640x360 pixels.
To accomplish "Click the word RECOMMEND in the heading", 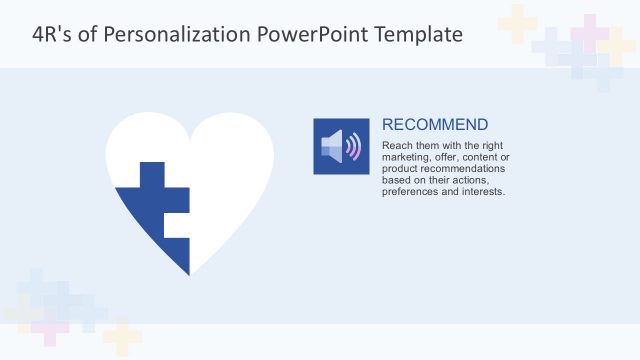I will [435, 125].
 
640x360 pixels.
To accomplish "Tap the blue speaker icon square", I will [341, 146].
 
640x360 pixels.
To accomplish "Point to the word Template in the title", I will [419, 34].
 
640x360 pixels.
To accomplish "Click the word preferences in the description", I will [407, 191].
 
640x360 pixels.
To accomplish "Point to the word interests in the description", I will [484, 191].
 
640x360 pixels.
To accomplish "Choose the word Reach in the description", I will [397, 146].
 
